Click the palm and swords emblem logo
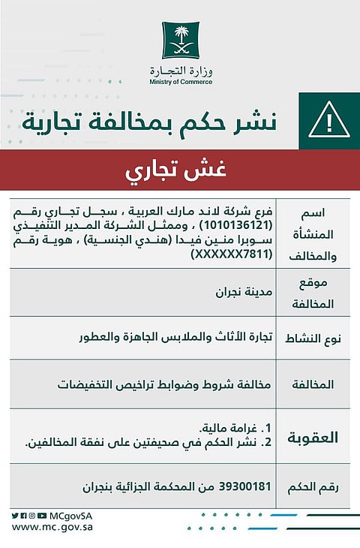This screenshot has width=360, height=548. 179,41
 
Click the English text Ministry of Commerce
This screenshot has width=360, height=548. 180,82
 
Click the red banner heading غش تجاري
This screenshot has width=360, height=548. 180,170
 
